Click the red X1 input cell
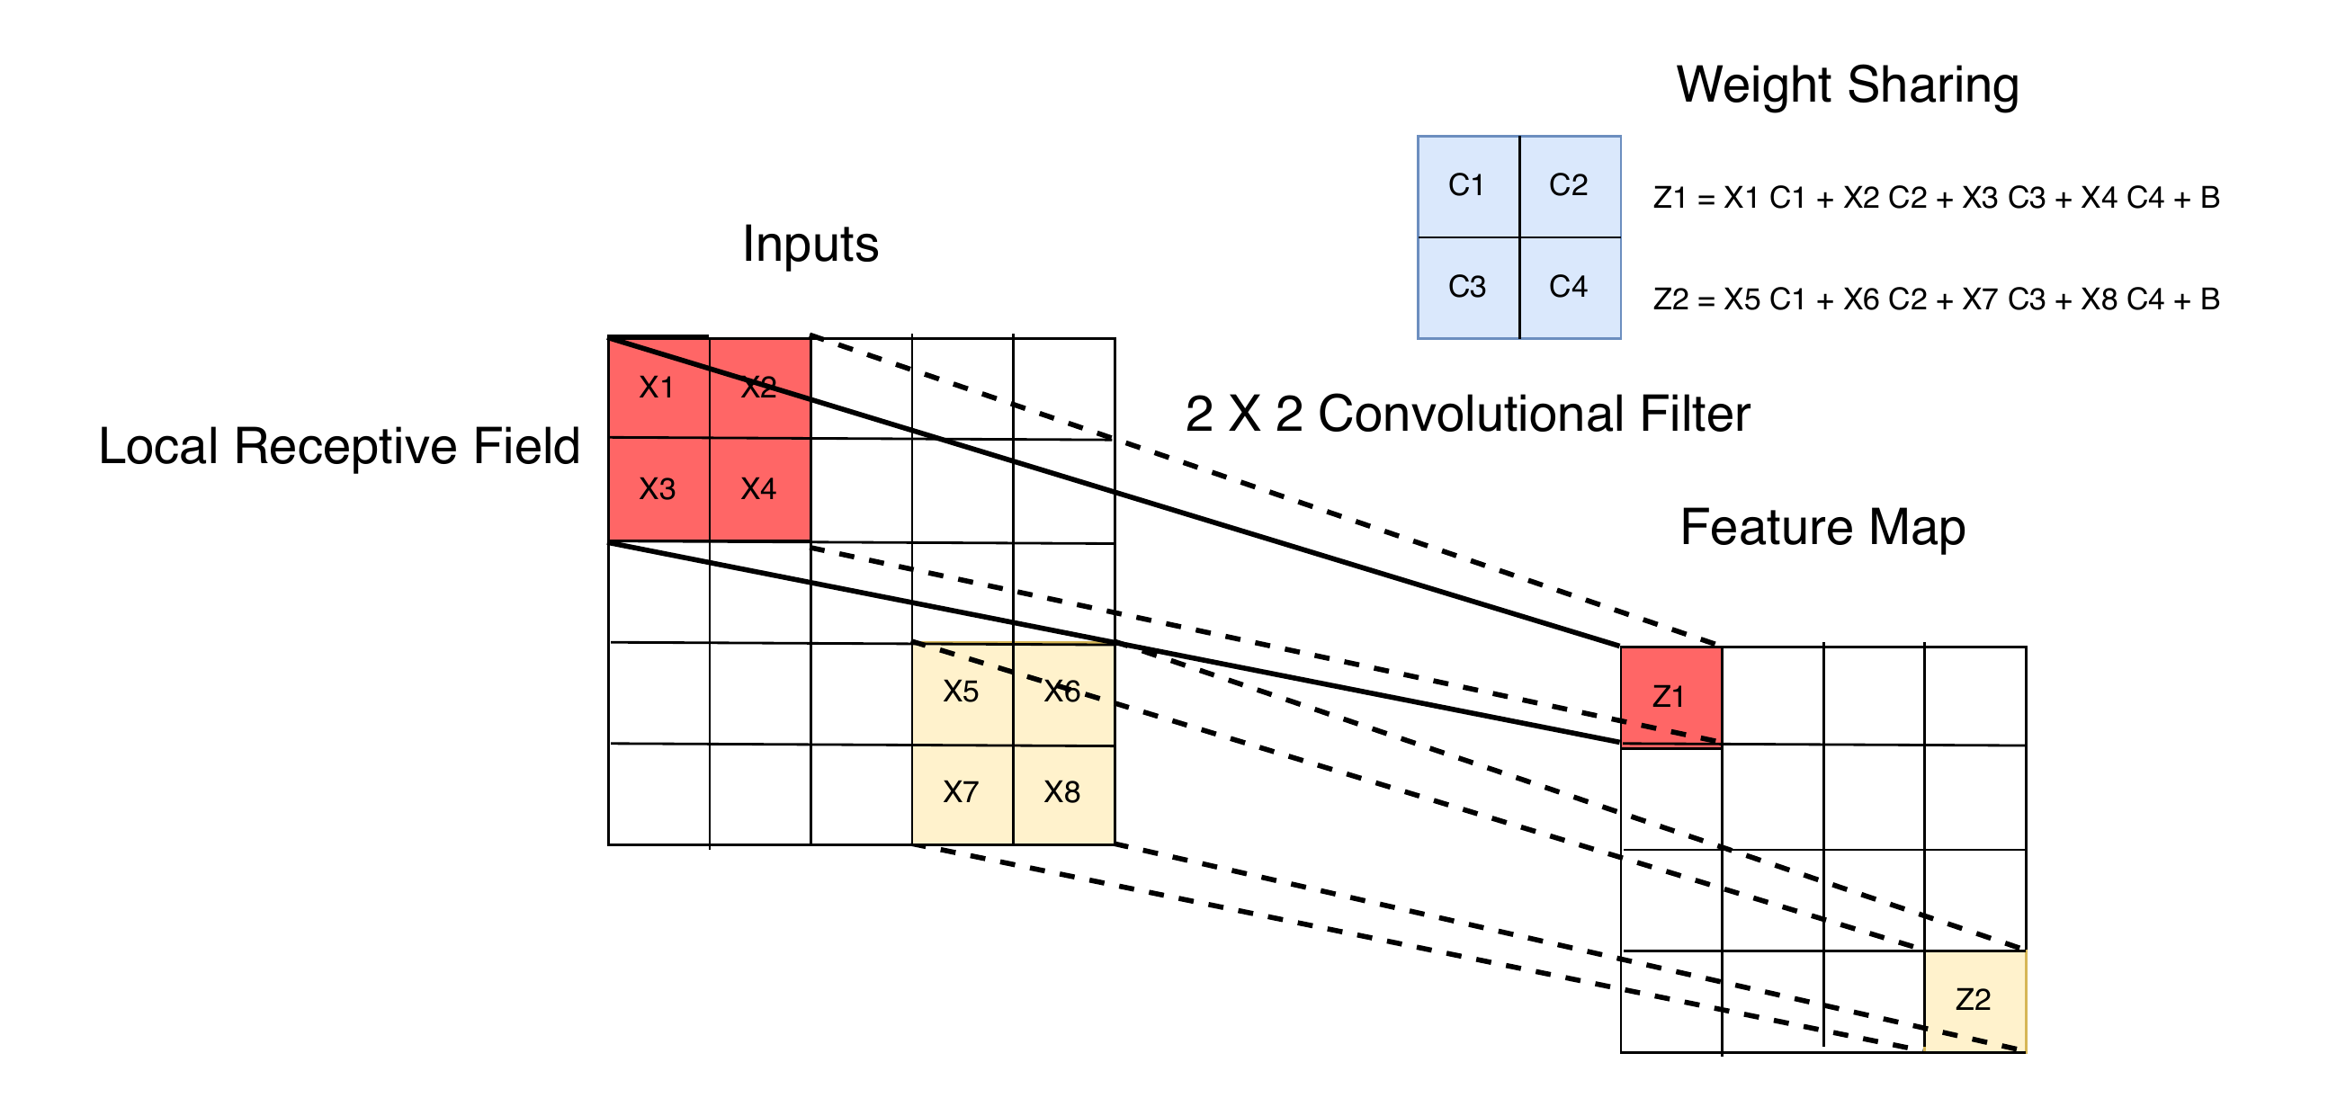tap(657, 388)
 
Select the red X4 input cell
tap(759, 489)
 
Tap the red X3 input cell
tap(657, 489)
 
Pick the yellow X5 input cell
tap(962, 692)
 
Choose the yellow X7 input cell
tap(962, 793)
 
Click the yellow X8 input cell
tap(1062, 793)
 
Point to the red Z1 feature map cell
tap(1670, 696)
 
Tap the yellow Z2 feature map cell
tap(1974, 999)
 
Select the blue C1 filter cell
tap(1467, 186)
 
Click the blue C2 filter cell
tap(1569, 186)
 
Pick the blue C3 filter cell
tap(1467, 288)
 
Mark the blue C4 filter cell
tap(1569, 288)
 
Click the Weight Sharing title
tap(1848, 85)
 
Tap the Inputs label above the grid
tap(810, 244)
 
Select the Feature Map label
tap(1822, 528)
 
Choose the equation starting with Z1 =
tap(1936, 198)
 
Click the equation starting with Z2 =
tap(1936, 299)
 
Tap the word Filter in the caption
tap(1695, 415)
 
